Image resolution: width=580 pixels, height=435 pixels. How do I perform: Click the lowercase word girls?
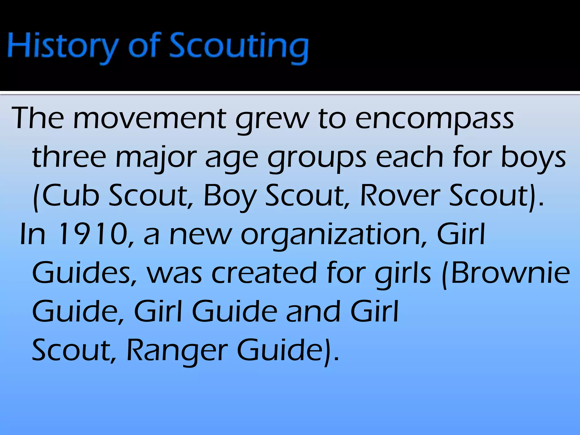(x=403, y=274)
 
